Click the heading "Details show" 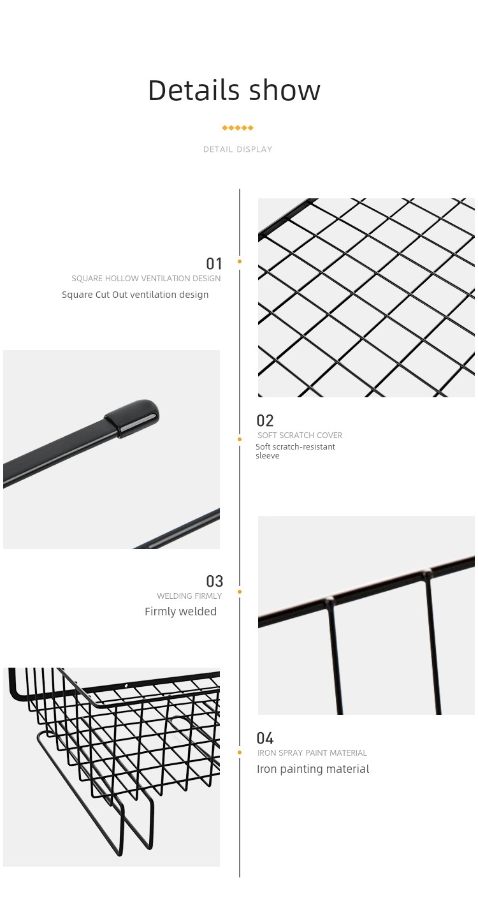[x=234, y=91]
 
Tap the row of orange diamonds [x=238, y=128]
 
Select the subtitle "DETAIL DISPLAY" [x=238, y=149]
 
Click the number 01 [x=214, y=263]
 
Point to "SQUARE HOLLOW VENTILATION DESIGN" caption [x=146, y=279]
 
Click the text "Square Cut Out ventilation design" [x=135, y=295]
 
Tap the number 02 [x=264, y=421]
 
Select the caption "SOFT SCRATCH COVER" [x=300, y=435]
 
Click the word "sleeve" [x=267, y=456]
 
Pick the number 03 [x=214, y=581]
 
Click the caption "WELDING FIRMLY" [x=189, y=596]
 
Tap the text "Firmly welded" [x=180, y=612]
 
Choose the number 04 [x=264, y=738]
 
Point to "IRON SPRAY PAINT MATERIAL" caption [x=312, y=753]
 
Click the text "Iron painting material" [x=313, y=769]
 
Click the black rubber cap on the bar [x=132, y=418]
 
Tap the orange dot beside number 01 [x=240, y=261]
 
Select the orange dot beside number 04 [x=240, y=753]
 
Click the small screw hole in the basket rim [x=126, y=686]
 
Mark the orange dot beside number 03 [x=240, y=592]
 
